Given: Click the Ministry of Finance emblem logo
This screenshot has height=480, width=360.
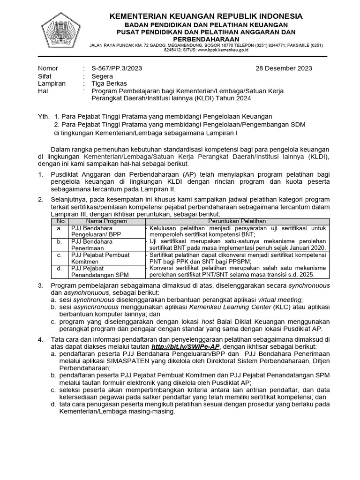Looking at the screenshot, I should [x=61, y=32].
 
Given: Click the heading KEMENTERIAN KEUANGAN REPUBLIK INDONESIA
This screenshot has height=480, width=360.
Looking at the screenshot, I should [x=206, y=16].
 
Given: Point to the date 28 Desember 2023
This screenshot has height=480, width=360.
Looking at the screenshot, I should [x=284, y=68].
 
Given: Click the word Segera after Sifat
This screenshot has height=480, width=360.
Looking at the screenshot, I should [x=102, y=76].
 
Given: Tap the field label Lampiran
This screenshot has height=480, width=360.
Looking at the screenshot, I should [x=52, y=83].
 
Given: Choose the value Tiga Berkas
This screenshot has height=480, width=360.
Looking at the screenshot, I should [x=109, y=83].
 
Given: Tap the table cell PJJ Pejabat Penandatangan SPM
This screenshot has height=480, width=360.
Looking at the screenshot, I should [x=99, y=271].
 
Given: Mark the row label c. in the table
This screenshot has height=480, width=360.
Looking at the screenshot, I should [x=60, y=255].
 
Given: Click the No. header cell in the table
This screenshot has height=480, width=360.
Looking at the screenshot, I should [x=61, y=221].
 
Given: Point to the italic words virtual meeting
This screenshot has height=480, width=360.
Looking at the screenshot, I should [x=280, y=300].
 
